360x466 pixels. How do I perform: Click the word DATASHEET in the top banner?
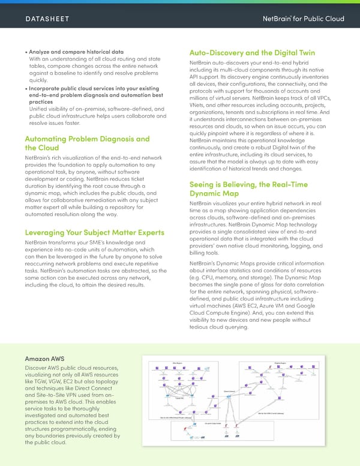click(x=47, y=19)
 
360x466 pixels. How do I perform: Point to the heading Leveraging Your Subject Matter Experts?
click(x=94, y=232)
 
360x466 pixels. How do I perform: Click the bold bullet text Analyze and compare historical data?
click(x=77, y=52)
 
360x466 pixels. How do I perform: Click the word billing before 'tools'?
click(x=197, y=253)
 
